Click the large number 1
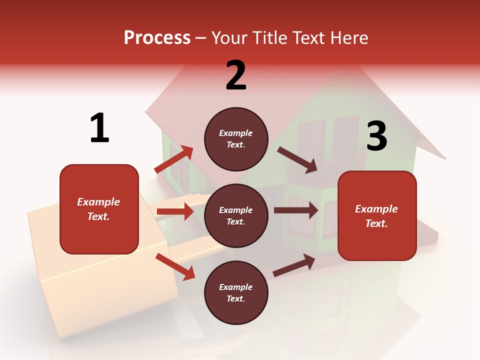point(99,128)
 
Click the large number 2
point(236,75)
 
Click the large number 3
point(376,136)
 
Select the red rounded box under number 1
point(99,209)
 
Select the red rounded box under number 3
point(377,216)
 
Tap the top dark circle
point(236,139)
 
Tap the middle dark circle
point(236,215)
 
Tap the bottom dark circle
point(236,292)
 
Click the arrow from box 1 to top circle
point(174,159)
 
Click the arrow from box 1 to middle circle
point(175,211)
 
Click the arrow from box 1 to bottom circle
point(175,266)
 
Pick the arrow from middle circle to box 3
point(296,210)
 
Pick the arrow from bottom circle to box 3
point(294,265)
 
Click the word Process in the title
point(157,38)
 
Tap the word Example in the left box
point(98,202)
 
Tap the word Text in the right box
point(376,223)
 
